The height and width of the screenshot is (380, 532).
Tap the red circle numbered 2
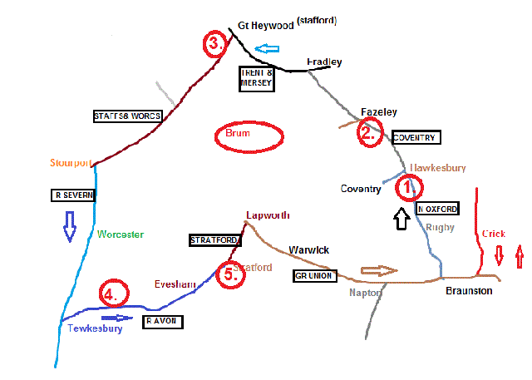tap(370, 132)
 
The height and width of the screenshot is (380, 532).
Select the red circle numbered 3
tap(214, 45)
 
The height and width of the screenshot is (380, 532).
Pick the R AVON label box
tap(163, 321)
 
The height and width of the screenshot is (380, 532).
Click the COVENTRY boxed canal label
tap(413, 137)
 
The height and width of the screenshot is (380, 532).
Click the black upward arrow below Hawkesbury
tap(401, 218)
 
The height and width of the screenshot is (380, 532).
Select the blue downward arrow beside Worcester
tap(70, 225)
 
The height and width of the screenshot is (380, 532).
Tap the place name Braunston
tap(468, 291)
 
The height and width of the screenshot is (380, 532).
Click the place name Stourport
tap(71, 162)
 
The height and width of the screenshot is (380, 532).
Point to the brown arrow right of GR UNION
tap(380, 271)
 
